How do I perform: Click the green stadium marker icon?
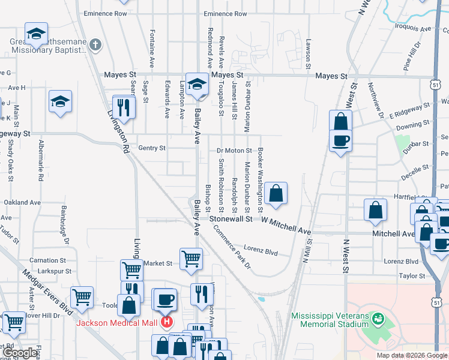[378, 317]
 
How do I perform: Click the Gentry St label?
[151, 148]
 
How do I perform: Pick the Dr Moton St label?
[234, 150]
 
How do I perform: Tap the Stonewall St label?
[231, 220]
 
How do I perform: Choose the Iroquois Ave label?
[414, 28]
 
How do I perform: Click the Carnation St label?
[47, 260]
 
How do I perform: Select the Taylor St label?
[412, 276]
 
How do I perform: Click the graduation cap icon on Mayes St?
[196, 83]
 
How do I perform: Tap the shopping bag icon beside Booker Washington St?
[276, 193]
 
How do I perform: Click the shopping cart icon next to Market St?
[191, 259]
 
